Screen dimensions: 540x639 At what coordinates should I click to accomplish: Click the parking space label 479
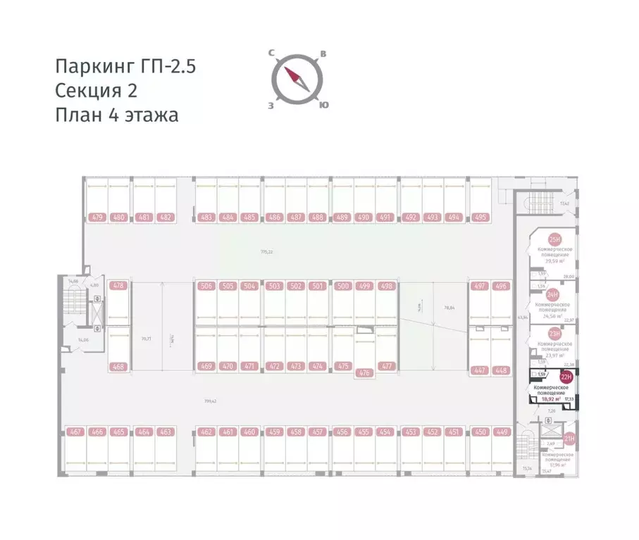click(97, 218)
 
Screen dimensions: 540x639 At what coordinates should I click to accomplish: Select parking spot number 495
click(480, 218)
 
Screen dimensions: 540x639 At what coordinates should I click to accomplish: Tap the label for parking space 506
click(206, 286)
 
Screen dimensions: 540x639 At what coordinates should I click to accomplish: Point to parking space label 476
click(364, 373)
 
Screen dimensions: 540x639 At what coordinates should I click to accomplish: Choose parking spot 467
click(76, 432)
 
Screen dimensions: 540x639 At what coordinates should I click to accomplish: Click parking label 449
click(502, 432)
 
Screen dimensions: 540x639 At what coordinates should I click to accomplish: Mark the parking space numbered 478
click(118, 286)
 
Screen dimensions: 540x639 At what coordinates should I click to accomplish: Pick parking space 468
click(118, 366)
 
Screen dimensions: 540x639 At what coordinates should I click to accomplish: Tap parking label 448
click(502, 370)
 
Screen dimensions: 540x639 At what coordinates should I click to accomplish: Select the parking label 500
click(342, 286)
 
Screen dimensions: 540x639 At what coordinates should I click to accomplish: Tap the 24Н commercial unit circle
click(553, 294)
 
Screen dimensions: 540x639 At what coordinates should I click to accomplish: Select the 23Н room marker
click(554, 334)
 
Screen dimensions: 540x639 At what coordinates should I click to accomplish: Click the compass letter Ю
click(323, 105)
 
